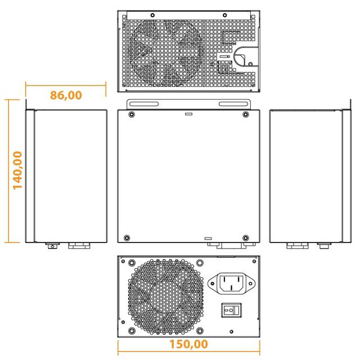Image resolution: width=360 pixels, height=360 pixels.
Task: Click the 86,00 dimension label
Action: [x=66, y=94]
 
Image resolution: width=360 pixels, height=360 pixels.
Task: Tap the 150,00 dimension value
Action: [x=188, y=344]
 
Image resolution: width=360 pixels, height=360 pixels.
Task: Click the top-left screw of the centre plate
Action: [x=131, y=115]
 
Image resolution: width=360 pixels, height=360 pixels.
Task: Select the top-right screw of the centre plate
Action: [x=245, y=115]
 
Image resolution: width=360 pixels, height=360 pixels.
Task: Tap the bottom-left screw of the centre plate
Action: [x=127, y=237]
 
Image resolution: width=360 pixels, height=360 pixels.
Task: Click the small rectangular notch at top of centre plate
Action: [x=188, y=113]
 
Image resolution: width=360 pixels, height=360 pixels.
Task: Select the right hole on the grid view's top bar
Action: [x=224, y=15]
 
